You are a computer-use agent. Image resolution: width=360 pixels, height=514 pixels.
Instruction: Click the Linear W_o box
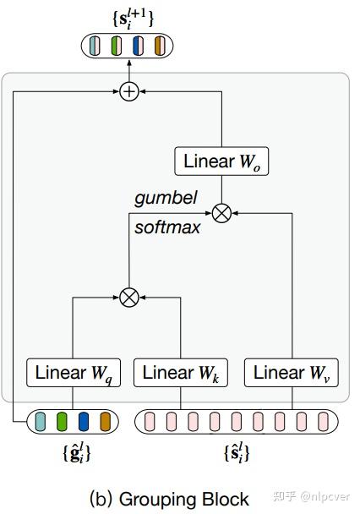[221, 161]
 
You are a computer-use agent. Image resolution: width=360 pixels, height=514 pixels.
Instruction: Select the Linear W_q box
[74, 373]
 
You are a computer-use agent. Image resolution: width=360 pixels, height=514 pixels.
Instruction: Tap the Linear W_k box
[181, 373]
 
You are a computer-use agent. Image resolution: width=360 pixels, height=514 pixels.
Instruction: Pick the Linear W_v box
[292, 373]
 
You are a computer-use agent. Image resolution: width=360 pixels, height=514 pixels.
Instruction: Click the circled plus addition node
[128, 90]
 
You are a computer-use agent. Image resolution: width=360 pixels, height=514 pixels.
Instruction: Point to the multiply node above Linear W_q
[128, 297]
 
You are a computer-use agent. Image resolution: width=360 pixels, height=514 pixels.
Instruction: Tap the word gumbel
[166, 198]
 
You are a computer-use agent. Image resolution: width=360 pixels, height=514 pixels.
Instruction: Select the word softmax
[167, 227]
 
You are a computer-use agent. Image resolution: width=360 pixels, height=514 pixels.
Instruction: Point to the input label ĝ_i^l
[76, 453]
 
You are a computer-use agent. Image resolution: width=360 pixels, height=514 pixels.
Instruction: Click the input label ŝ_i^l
[237, 454]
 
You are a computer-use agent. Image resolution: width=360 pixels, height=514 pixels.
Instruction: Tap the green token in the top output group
[117, 46]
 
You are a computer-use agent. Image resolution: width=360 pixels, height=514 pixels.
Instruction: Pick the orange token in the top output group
[159, 46]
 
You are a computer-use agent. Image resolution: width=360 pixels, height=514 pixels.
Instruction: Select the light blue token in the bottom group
[42, 421]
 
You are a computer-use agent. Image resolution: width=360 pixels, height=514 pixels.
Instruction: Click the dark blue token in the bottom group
[84, 421]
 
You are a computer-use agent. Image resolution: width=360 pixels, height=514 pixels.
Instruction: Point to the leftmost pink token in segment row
[150, 421]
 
